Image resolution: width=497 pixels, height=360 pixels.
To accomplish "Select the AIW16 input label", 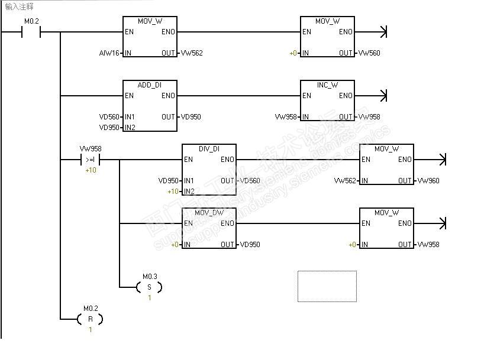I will (x=109, y=53).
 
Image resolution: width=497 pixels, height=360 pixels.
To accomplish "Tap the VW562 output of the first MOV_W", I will (x=192, y=53).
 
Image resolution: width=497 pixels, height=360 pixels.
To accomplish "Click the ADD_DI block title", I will (x=149, y=85).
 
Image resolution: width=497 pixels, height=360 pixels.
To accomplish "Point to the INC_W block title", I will (x=327, y=85).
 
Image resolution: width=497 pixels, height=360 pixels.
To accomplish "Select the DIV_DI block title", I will (x=208, y=149).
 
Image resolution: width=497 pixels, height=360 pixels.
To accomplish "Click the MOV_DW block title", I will (x=208, y=213).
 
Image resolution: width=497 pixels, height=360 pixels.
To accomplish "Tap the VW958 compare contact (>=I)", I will (x=90, y=160).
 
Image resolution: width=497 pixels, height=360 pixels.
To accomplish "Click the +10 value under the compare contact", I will (x=91, y=170).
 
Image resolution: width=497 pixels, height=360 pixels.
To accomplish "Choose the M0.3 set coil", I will (x=149, y=287).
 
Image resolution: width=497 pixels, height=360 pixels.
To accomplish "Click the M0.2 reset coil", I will (x=90, y=319).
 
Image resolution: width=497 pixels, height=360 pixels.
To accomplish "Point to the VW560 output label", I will (x=369, y=53).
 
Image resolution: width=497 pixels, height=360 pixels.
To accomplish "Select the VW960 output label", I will (x=428, y=181).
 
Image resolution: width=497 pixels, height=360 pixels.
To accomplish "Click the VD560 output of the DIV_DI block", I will (x=249, y=181).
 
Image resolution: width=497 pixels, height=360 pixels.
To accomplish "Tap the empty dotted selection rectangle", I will (x=327, y=286).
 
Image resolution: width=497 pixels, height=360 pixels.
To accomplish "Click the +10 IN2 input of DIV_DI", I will (x=173, y=192).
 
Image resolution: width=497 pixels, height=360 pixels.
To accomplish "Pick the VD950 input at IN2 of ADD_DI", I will (x=109, y=128).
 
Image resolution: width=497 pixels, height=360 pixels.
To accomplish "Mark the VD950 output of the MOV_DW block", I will (x=249, y=245).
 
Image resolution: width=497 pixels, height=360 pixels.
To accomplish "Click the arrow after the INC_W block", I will (x=382, y=96).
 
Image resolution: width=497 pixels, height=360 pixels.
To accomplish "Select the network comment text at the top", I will (x=20, y=7).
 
